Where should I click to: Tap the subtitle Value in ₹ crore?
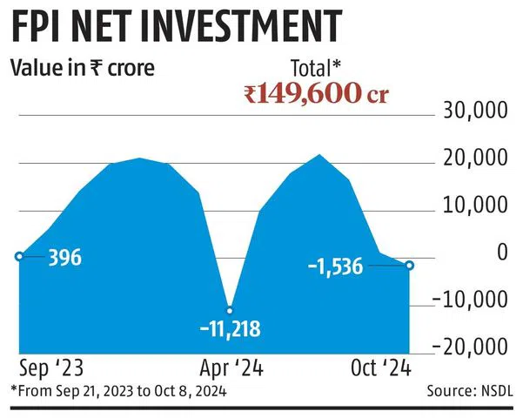tap(83, 67)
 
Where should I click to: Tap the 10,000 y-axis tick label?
tap(476, 206)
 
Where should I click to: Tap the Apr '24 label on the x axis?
tap(230, 367)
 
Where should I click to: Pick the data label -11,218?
tap(230, 330)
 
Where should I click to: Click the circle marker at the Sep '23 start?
tap(19, 256)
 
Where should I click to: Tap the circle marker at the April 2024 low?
tap(230, 309)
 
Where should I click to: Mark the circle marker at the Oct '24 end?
tap(410, 265)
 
